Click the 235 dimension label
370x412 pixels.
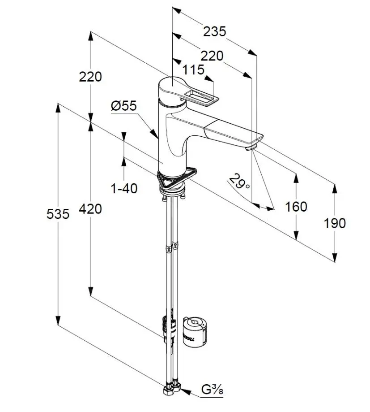pos(215,32)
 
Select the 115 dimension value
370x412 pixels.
pos(193,70)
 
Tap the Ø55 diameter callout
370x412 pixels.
pos(124,106)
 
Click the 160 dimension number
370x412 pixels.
pos(297,207)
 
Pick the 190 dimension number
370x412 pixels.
pos(335,223)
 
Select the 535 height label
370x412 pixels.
pos(58,214)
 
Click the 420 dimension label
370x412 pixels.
pos(90,208)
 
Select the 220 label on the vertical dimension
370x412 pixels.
pos(90,77)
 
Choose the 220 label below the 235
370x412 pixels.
pos(212,56)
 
